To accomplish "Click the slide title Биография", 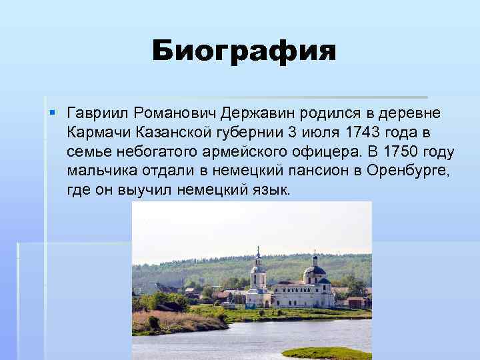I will point(244,51).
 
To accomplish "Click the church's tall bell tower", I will point(257,273).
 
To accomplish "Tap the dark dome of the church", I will point(314,271).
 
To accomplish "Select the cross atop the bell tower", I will point(257,250).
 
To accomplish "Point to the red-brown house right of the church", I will point(357,301).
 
